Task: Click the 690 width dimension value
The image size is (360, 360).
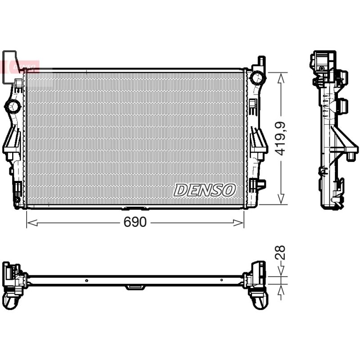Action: point(135,222)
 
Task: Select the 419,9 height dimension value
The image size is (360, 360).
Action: point(280,139)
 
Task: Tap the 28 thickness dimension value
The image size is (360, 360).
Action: point(280,252)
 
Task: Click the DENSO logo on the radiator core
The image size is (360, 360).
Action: point(205,190)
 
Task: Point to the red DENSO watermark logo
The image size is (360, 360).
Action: point(20,67)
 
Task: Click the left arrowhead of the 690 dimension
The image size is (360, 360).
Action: point(32,222)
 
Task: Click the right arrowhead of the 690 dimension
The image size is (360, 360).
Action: point(238,222)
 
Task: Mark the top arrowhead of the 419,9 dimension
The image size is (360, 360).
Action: point(281,78)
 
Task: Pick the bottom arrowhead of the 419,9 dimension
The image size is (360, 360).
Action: point(281,199)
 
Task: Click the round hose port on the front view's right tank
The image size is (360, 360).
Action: point(257,77)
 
